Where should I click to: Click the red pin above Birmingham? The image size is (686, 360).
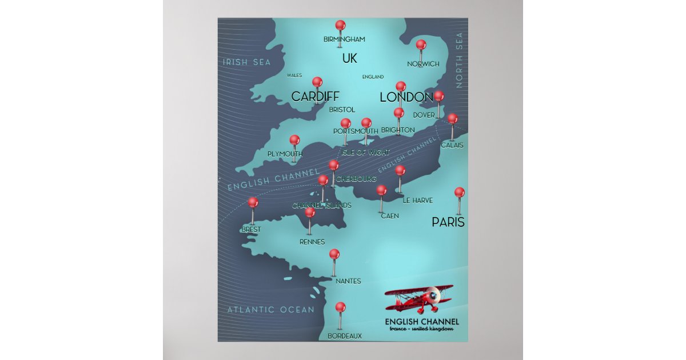point(340,26)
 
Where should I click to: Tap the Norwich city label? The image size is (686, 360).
point(423,64)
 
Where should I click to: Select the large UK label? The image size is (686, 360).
point(349,58)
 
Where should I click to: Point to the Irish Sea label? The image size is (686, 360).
point(246,62)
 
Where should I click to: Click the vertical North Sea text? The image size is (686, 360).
point(459,60)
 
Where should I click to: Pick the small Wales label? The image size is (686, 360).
point(294,75)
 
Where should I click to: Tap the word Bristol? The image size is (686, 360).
point(342,109)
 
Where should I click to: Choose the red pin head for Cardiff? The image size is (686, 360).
point(317,82)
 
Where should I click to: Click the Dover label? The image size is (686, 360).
point(424,115)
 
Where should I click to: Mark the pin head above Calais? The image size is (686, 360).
point(452,119)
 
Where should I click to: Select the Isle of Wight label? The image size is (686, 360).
point(365,153)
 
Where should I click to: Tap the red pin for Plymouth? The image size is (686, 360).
point(294,140)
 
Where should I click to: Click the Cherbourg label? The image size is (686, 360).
point(356,179)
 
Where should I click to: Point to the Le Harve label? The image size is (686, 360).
point(417,201)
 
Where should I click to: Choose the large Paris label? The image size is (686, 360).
point(448,222)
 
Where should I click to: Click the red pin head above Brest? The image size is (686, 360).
point(253,202)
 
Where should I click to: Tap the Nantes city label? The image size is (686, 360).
point(348,281)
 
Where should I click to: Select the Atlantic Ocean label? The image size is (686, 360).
point(270,310)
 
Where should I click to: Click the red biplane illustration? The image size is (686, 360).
point(419,297)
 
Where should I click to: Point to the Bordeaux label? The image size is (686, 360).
point(345,336)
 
